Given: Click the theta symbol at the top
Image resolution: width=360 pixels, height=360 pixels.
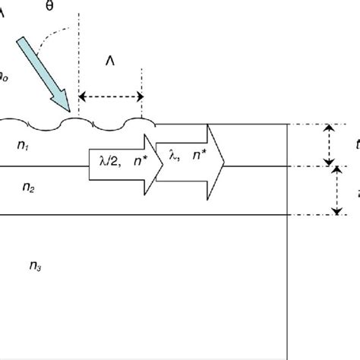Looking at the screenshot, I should click(x=51, y=7).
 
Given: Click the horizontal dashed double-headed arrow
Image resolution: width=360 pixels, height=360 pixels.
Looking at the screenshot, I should click(x=111, y=96).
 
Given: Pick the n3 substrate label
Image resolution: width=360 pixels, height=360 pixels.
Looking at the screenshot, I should click(x=35, y=265).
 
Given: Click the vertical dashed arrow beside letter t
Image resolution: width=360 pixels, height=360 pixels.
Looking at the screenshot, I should click(x=328, y=145).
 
